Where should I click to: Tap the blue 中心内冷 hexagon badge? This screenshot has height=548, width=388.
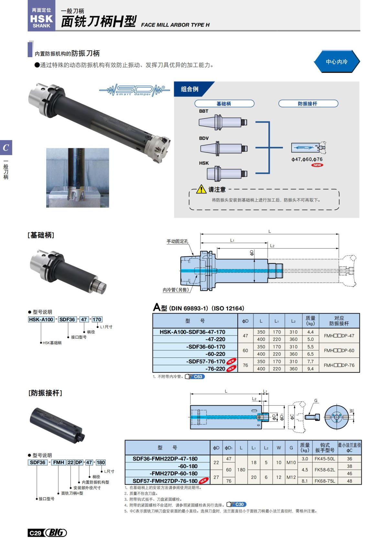(337, 62)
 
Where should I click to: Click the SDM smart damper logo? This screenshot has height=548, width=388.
(134, 90)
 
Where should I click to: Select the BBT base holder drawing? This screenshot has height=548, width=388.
(223, 122)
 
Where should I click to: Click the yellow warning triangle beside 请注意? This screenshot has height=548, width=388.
(201, 189)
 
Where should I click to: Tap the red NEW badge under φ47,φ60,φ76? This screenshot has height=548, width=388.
(317, 165)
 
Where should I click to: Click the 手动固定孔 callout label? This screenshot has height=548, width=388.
(177, 241)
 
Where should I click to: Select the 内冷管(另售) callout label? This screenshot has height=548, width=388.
(176, 290)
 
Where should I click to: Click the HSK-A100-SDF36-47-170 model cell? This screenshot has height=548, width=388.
(192, 332)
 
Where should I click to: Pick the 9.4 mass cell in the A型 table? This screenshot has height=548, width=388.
(310, 369)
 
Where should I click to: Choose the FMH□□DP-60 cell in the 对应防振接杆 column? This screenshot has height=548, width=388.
(339, 350)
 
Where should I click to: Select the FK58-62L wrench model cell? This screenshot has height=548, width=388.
(325, 470)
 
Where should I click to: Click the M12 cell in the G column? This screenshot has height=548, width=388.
(291, 477)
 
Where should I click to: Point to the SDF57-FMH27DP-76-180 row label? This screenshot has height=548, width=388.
(165, 481)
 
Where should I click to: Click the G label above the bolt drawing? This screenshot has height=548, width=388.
(316, 401)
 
